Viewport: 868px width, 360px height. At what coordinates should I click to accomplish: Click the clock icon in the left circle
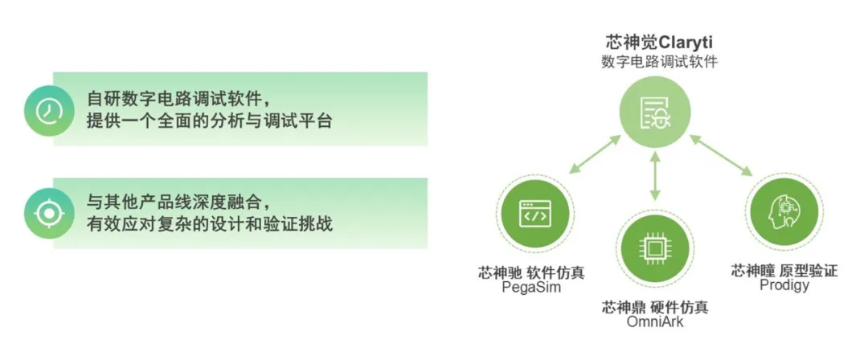(x=49, y=112)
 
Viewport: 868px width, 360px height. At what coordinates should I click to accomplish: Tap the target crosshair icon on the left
(x=49, y=213)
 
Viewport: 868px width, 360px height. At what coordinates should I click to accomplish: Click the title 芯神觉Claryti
(x=659, y=42)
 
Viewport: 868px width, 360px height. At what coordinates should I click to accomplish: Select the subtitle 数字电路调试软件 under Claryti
(x=659, y=62)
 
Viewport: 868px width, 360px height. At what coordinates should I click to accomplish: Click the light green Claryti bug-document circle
(x=655, y=114)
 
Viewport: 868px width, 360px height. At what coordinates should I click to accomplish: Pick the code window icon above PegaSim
(x=535, y=213)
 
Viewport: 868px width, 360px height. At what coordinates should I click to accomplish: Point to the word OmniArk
(x=655, y=321)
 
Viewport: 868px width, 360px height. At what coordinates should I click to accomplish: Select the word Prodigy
(x=784, y=285)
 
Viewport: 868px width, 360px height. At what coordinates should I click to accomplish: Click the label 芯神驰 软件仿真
(x=531, y=273)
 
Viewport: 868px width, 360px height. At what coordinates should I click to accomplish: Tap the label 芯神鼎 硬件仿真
(x=655, y=307)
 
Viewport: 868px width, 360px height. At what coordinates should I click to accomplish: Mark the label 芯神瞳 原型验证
(x=784, y=270)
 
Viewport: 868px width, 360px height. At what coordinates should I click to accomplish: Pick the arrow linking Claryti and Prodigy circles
(x=721, y=156)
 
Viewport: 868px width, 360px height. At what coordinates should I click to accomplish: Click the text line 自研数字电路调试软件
(x=178, y=100)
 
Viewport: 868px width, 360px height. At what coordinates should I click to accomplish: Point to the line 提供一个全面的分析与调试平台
(x=209, y=121)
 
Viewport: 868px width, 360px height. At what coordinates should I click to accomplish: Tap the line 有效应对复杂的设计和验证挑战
(x=209, y=224)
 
